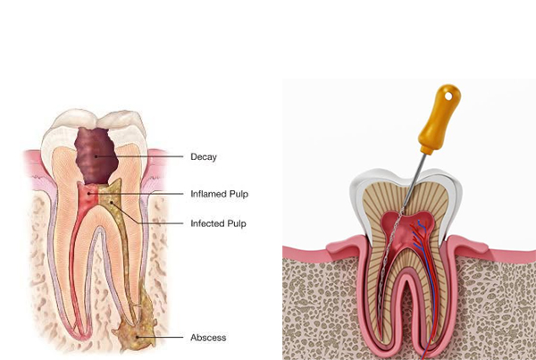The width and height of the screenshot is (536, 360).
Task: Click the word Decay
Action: coord(204,157)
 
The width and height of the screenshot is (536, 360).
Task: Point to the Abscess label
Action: coord(208,338)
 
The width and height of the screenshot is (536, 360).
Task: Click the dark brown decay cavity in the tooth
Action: coord(96,155)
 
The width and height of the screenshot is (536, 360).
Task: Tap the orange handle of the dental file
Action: coord(440,118)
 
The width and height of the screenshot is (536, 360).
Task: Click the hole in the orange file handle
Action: coord(448,96)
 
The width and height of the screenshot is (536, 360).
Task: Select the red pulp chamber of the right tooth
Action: coord(406,229)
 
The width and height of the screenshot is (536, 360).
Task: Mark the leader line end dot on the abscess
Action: coord(137,337)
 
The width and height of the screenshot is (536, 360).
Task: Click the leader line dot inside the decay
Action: coord(96,156)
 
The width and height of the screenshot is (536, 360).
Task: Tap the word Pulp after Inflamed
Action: coord(239,194)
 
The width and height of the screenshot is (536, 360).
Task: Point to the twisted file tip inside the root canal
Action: coord(388,260)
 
